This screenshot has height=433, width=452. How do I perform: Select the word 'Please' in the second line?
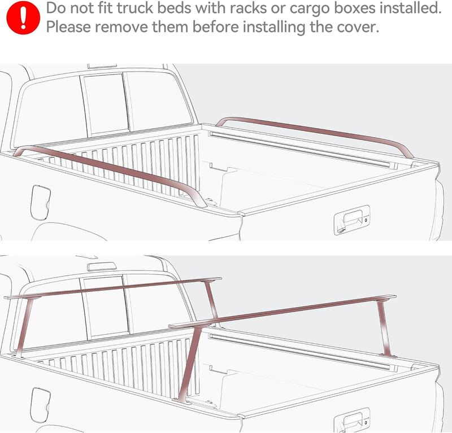tap(69, 27)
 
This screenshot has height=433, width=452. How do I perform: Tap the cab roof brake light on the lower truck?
tap(102, 265)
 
